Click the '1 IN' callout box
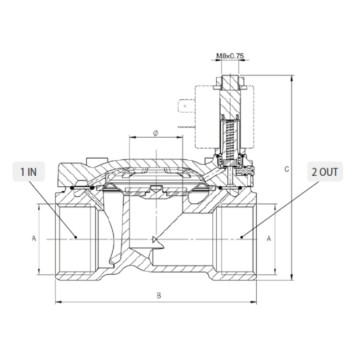pos(28,172)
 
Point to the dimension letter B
pos(159,296)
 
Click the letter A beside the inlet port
pos(34,238)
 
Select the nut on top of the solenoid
pos(233,79)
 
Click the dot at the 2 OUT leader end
pos(243,238)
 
